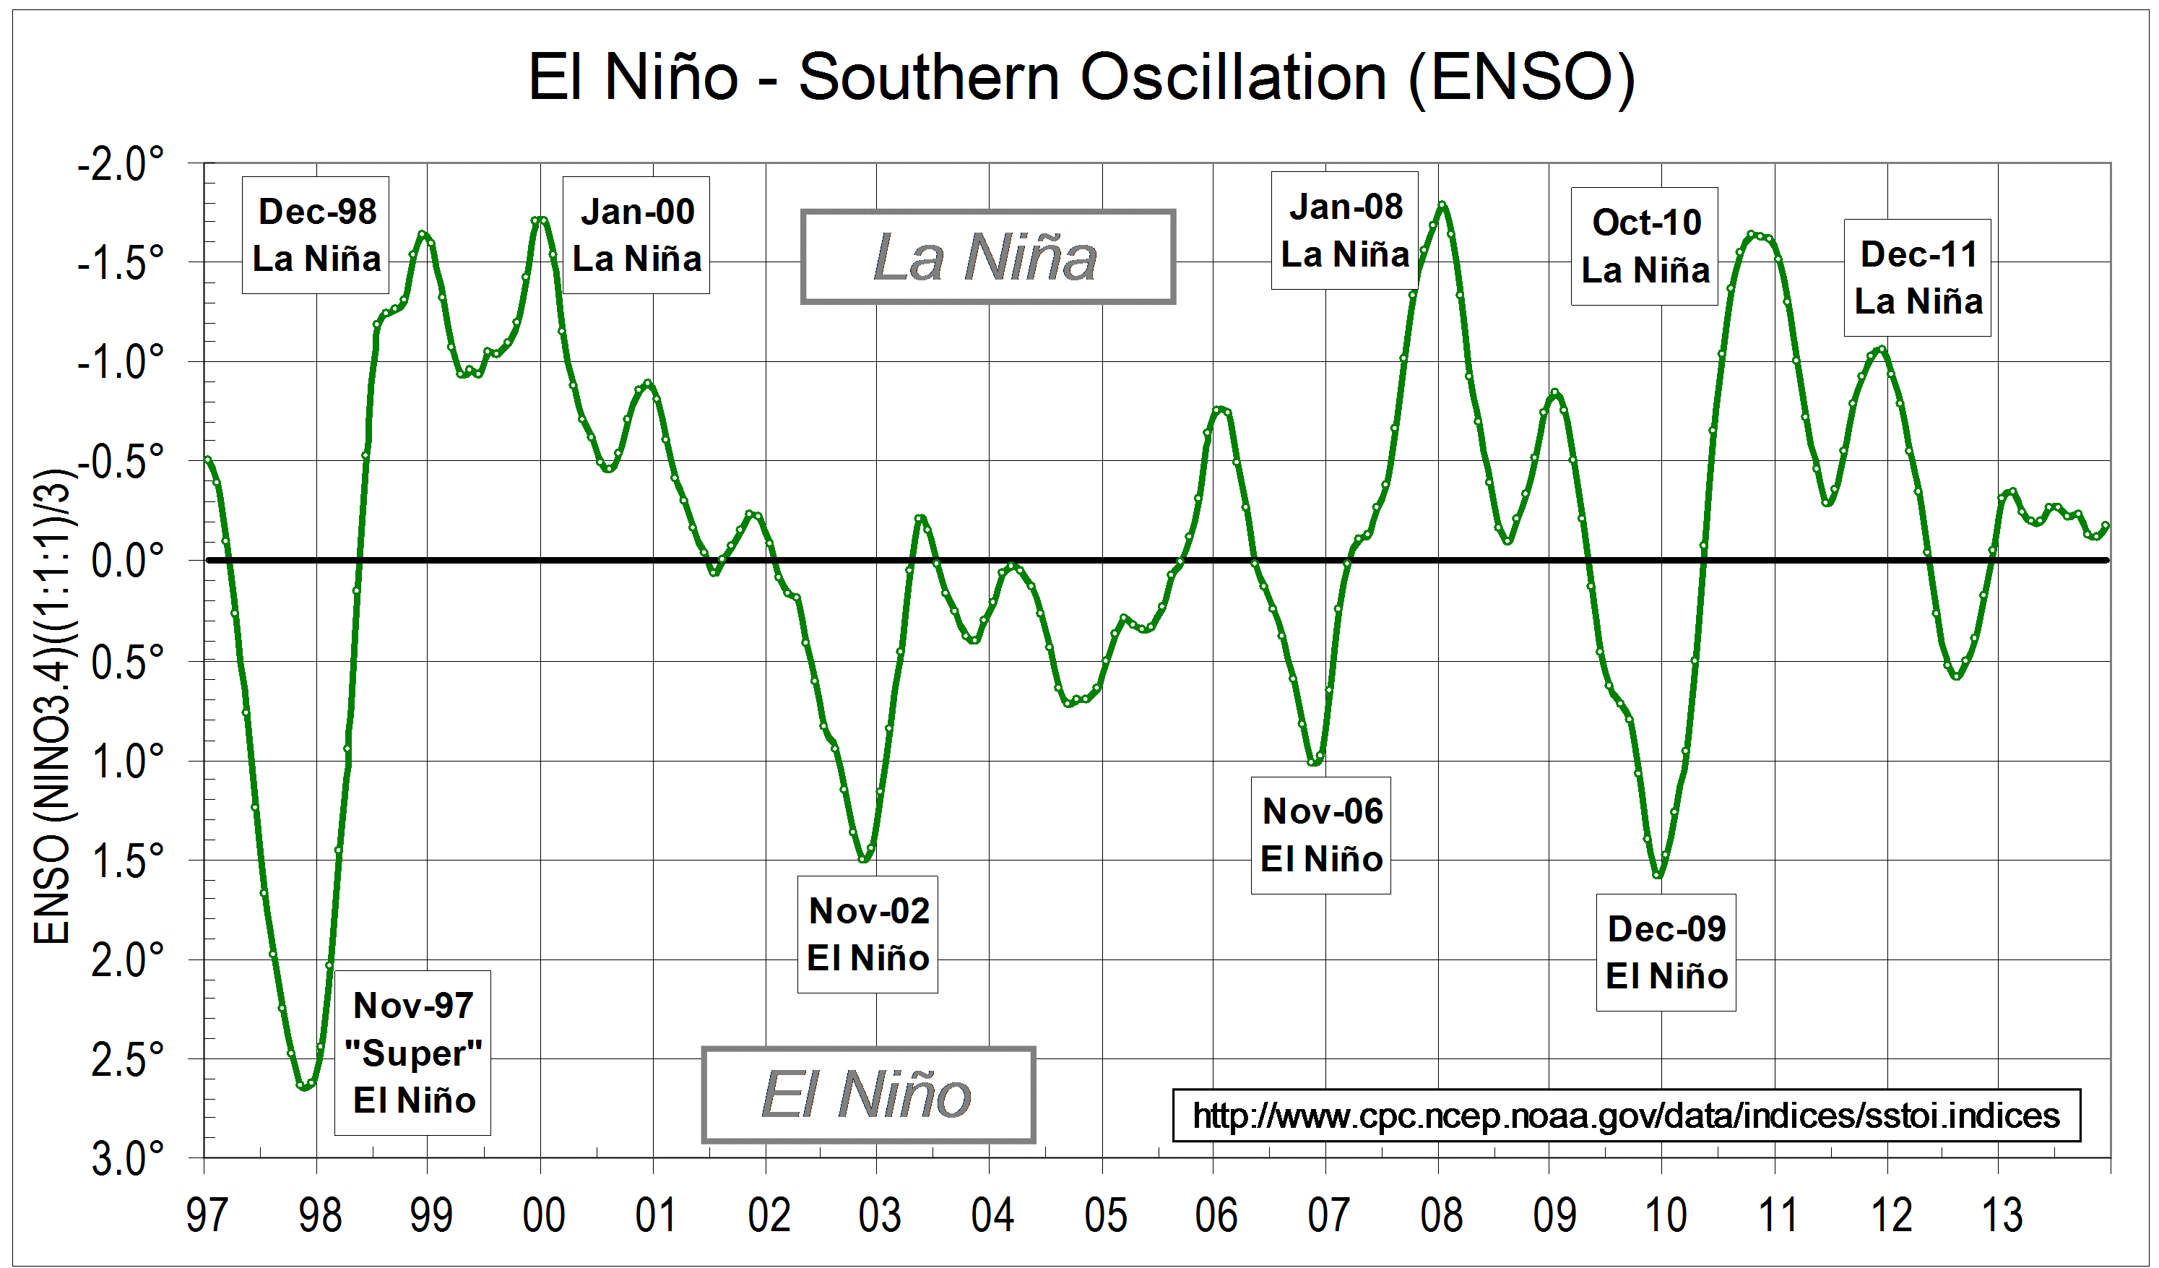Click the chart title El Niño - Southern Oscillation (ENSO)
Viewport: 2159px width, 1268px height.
point(1081,77)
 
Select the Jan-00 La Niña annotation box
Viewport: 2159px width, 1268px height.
point(636,236)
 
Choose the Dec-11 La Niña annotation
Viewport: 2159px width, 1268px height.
point(1918,277)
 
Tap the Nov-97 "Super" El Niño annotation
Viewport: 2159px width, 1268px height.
point(413,1053)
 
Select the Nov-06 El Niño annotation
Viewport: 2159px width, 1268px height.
point(1320,835)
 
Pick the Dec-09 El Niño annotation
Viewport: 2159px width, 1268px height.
point(1666,953)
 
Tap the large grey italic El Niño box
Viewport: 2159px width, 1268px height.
point(868,1095)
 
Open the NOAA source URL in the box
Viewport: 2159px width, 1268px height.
point(1625,1116)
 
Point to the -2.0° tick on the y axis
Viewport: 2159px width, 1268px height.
point(121,163)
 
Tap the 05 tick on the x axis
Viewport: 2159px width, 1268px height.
point(1104,1215)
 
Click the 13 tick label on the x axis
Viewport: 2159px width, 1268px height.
point(2002,1215)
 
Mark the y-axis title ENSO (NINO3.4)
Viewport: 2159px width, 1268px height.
point(53,707)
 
